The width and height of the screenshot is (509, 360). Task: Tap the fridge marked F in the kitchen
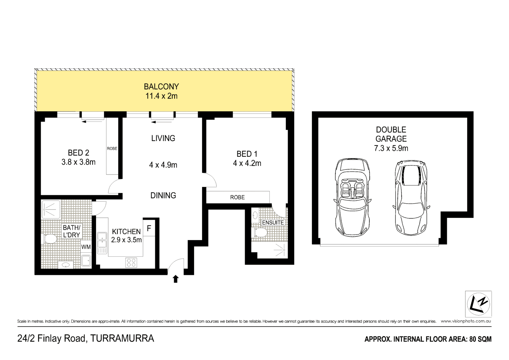148,229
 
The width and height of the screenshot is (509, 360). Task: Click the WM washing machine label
86,247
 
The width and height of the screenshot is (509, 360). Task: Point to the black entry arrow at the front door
176,279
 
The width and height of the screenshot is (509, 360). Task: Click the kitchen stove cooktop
131,262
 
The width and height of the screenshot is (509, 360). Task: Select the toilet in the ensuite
260,232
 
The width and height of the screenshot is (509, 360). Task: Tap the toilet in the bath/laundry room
50,239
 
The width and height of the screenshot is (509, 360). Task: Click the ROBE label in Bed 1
237,197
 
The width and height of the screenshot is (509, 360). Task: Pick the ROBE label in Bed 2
112,149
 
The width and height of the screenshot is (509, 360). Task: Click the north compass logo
478,304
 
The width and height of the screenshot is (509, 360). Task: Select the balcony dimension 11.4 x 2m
161,96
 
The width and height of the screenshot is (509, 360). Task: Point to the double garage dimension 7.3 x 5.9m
391,148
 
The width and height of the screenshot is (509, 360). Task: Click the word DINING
163,196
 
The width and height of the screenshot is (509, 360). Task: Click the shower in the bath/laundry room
51,209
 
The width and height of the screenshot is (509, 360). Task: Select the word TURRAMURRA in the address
122,339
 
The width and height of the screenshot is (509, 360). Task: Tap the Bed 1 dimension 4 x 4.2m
247,164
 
